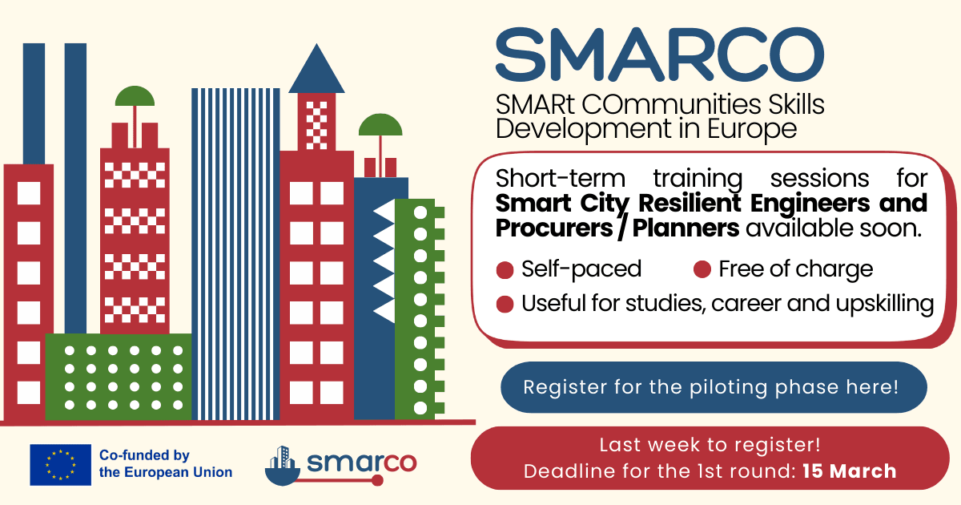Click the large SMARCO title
click(659, 55)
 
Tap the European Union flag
click(61, 465)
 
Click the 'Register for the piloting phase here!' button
click(714, 387)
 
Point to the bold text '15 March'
click(850, 471)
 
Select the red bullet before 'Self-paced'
click(505, 270)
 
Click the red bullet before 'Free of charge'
click(702, 269)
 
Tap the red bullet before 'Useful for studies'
click(505, 304)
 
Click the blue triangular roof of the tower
click(316, 69)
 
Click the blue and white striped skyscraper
click(235, 254)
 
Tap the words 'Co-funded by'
click(144, 454)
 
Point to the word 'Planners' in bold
click(686, 228)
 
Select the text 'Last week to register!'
click(710, 445)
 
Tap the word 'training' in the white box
click(698, 179)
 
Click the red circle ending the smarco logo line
click(377, 480)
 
